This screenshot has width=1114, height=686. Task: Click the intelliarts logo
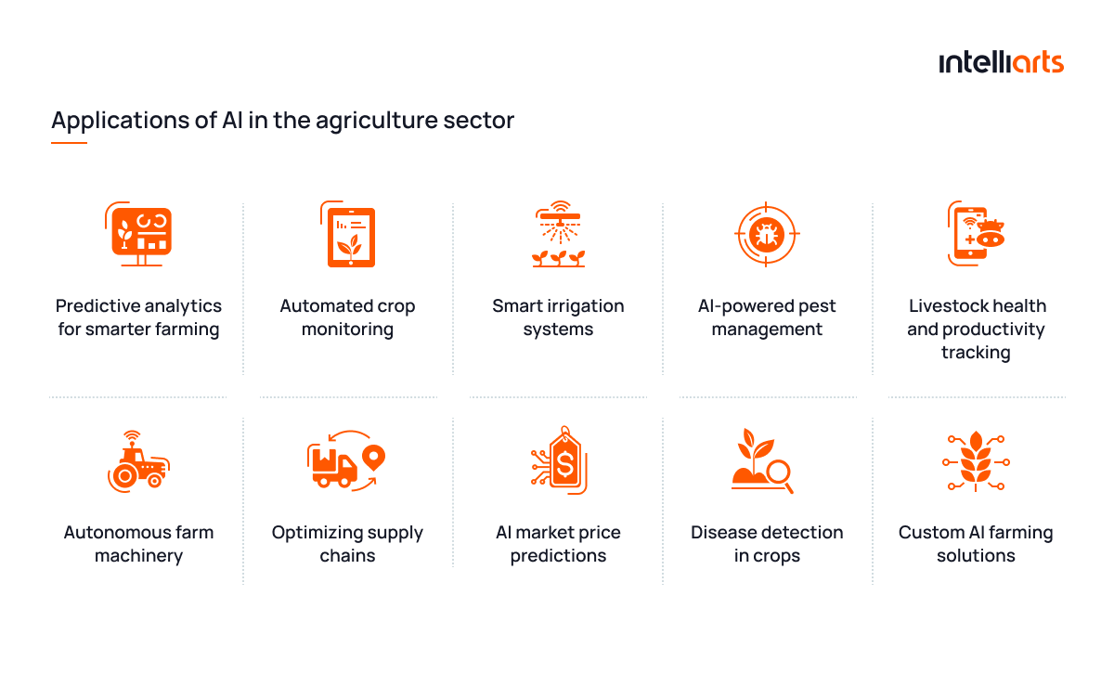coord(1001,62)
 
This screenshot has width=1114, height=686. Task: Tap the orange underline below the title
coord(69,143)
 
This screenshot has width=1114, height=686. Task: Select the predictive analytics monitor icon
coord(138,234)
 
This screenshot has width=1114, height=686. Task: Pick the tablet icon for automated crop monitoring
coord(348,234)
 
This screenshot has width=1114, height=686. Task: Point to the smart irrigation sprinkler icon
coord(559,234)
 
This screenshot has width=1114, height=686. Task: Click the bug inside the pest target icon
coord(767,234)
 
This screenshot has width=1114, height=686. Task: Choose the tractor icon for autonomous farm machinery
coord(138,461)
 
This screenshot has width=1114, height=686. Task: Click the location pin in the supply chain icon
coord(373,458)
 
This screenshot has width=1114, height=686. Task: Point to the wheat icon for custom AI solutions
coord(976,461)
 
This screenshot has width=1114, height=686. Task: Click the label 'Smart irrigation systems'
coord(558,317)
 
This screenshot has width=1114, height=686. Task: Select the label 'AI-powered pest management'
coord(767,317)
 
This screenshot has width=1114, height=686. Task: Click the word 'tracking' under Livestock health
coord(976,352)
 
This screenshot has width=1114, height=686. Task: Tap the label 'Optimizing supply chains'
coord(347,544)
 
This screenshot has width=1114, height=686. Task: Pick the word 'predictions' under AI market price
coord(558,556)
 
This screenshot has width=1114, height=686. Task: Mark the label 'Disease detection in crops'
coord(767,544)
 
